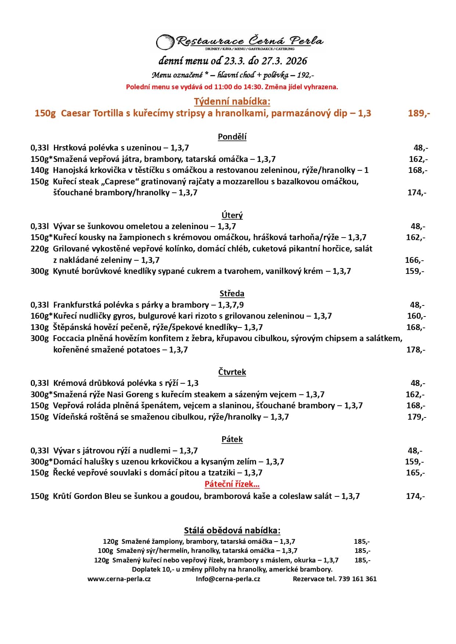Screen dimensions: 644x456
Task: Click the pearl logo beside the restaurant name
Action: pyautogui.click(x=165, y=42)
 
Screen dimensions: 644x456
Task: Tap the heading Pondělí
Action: pyautogui.click(x=232, y=137)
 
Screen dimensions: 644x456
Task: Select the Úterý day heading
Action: pyautogui.click(x=232, y=215)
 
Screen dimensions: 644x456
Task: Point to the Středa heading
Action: pyautogui.click(x=232, y=293)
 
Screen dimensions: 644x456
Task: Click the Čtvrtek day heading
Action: pyautogui.click(x=232, y=372)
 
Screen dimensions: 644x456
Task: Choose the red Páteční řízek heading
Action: pyautogui.click(x=232, y=484)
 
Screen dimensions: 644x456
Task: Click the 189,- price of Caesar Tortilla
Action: pyautogui.click(x=419, y=113)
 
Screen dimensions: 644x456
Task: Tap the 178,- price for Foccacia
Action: pyautogui.click(x=416, y=350)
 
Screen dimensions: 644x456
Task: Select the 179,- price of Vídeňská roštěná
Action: pyautogui.click(x=417, y=417)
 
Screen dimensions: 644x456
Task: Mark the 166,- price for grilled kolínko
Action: pyautogui.click(x=414, y=260)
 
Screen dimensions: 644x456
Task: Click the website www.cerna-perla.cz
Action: pyautogui.click(x=119, y=579)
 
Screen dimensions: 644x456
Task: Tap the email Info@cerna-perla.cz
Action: pyautogui.click(x=228, y=579)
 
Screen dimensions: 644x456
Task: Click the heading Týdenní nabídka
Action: pyautogui.click(x=232, y=102)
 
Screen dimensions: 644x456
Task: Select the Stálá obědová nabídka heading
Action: pyautogui.click(x=232, y=530)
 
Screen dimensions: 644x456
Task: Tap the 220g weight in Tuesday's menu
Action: pyautogui.click(x=39, y=249)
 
